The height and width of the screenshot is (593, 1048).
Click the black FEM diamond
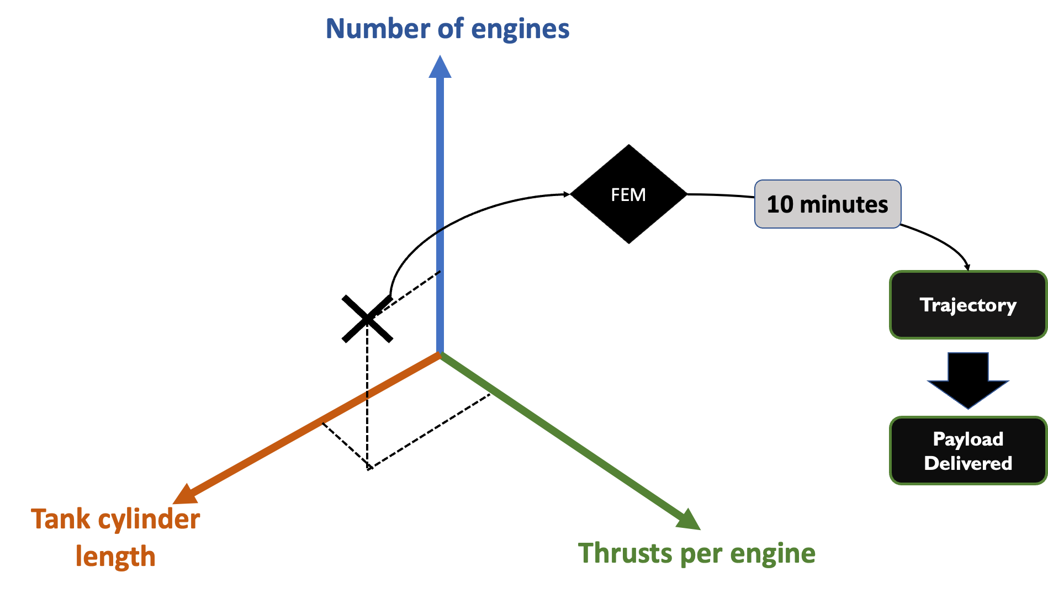tap(629, 194)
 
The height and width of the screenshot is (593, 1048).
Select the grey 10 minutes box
tap(828, 204)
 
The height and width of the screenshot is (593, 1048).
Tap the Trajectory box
tap(968, 305)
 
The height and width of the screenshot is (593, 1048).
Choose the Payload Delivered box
tap(968, 451)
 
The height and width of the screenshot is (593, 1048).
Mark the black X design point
tap(367, 319)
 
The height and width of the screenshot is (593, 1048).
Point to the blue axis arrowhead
tap(440, 66)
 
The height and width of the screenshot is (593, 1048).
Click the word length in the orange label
tap(115, 556)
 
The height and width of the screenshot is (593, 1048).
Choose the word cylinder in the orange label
tap(149, 520)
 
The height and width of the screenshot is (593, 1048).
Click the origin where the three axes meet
tap(440, 353)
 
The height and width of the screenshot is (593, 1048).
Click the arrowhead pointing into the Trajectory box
tap(967, 267)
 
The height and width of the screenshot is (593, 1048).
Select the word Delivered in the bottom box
tap(968, 463)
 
